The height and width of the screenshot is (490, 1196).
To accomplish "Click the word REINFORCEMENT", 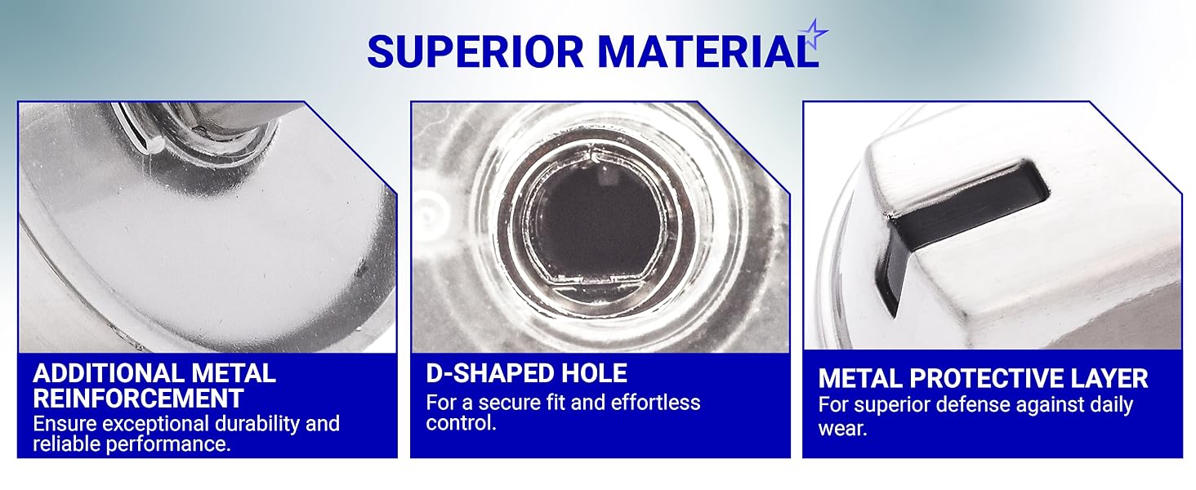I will pos(138,399).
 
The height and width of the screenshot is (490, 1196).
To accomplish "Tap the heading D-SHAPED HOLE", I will pos(526,374).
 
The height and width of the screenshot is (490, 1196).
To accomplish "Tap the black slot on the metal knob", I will pos(964,204).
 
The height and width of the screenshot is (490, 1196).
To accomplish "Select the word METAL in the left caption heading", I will pos(235,374).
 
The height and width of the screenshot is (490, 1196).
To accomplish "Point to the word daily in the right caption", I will pos(1107,404).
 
